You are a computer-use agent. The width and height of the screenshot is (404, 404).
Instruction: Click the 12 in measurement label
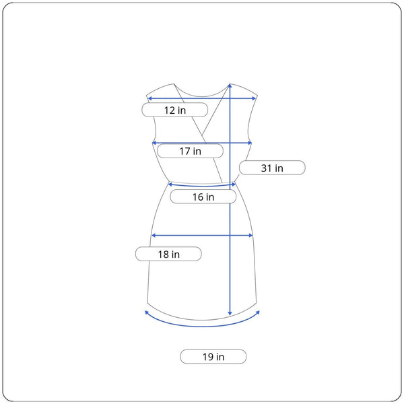[x=175, y=110]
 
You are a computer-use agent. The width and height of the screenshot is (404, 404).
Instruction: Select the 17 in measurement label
[x=190, y=151]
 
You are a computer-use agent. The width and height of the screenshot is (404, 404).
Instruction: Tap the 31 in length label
[x=272, y=168]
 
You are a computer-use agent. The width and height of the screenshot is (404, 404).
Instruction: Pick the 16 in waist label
[x=203, y=197]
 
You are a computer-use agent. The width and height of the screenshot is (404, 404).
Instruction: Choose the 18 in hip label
[x=168, y=254]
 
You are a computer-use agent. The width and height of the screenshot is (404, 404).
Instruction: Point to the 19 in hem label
[x=213, y=357]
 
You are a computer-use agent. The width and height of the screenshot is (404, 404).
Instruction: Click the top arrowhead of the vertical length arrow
[x=230, y=86]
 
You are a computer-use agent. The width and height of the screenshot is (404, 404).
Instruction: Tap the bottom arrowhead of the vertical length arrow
[x=230, y=313]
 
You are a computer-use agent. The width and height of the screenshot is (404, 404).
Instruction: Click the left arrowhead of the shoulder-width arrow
[x=149, y=98]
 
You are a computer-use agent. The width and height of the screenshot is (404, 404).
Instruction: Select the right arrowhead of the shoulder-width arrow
[x=254, y=98]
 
